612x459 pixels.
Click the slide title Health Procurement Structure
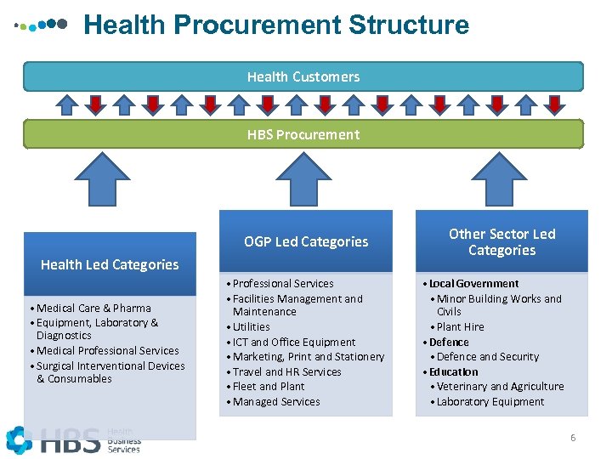click(x=276, y=25)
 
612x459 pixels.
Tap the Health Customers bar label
click(x=303, y=76)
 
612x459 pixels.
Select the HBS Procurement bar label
click(x=303, y=134)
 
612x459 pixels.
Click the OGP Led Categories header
click(x=306, y=241)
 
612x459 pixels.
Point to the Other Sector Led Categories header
click(x=501, y=241)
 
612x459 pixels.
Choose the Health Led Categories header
click(x=110, y=264)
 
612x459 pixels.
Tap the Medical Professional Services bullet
click(x=108, y=350)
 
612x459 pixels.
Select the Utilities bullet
click(x=251, y=326)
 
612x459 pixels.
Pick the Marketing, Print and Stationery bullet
click(x=308, y=356)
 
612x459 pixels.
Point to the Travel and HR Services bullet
click(x=286, y=371)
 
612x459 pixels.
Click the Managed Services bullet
click(x=276, y=401)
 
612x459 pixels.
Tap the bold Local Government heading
click(x=473, y=283)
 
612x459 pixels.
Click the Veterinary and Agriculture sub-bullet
click(x=500, y=386)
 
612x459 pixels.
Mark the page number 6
click(x=573, y=438)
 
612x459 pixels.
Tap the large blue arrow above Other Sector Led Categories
click(x=501, y=178)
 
